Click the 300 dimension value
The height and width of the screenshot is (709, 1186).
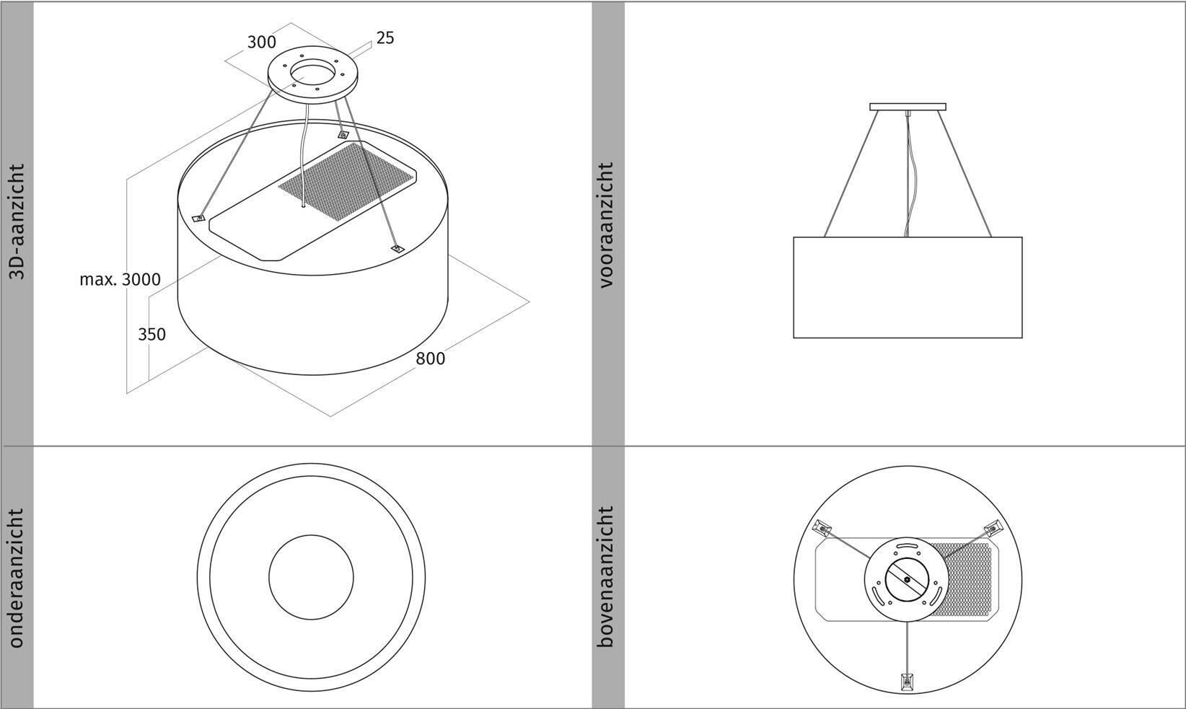[262, 42]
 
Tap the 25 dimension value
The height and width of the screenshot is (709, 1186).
[385, 38]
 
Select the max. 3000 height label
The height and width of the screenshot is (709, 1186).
[120, 279]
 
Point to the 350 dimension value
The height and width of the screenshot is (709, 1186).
[152, 334]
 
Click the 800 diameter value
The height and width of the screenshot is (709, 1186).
[430, 358]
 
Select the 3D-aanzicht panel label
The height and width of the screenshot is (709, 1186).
[17, 222]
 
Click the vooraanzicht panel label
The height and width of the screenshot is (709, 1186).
[607, 225]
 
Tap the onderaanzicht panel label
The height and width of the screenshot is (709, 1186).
[17, 578]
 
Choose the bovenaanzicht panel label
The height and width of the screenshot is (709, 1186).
[607, 576]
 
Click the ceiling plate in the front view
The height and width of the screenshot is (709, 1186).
[908, 107]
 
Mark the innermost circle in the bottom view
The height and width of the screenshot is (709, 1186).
[311, 577]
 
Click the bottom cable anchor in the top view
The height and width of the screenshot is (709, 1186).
[908, 682]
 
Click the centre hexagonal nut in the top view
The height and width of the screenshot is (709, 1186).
[908, 580]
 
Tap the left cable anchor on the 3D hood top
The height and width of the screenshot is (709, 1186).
[198, 218]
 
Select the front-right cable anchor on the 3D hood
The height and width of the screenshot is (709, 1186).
[397, 249]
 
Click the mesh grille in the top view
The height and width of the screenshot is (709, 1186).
[960, 578]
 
